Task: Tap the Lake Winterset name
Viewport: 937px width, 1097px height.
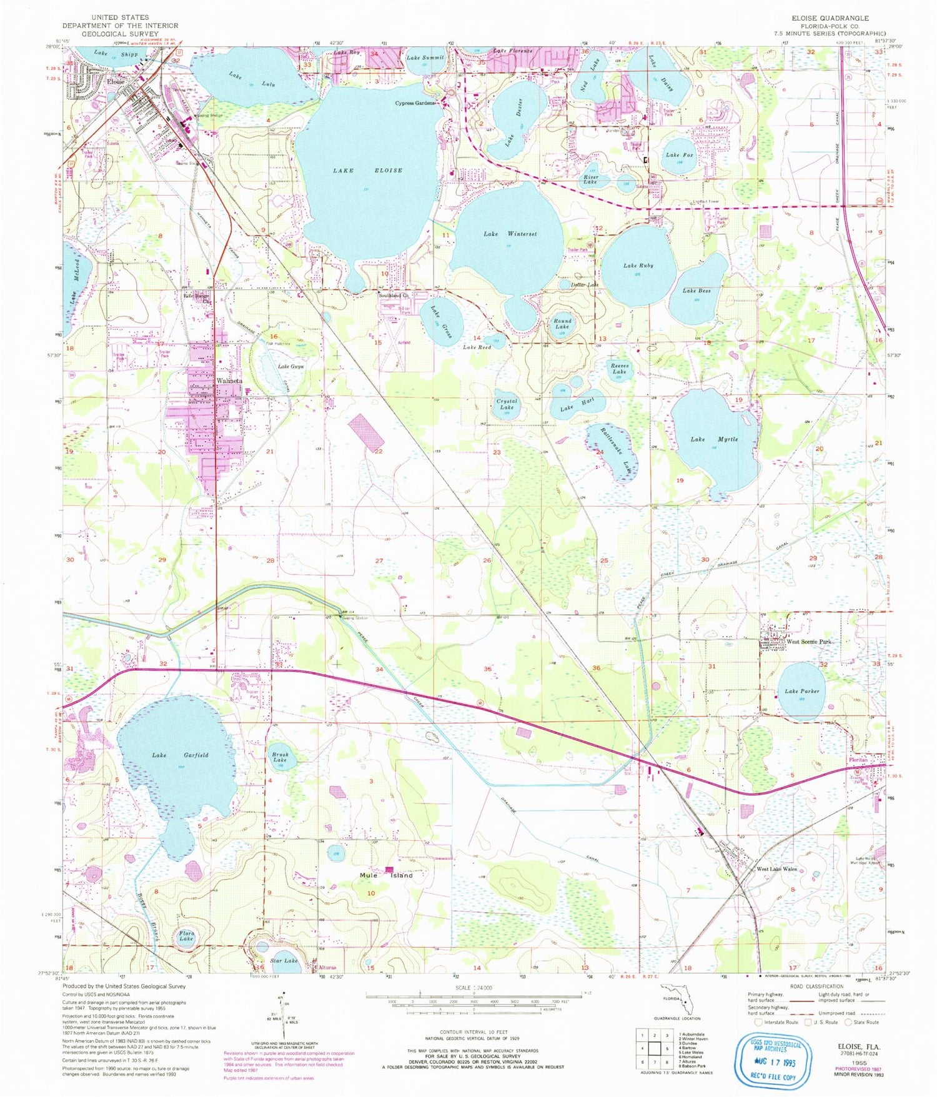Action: (x=510, y=234)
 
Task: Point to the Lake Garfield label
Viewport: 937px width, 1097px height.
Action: (x=180, y=755)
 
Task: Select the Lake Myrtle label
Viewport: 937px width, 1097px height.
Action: (x=714, y=439)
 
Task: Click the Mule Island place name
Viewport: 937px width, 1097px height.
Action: (x=386, y=875)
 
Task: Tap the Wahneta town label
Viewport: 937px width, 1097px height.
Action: (x=229, y=380)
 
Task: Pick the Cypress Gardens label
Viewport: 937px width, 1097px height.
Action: (x=415, y=103)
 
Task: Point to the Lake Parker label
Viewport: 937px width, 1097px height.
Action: (x=802, y=691)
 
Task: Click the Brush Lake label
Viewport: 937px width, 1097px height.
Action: (x=280, y=757)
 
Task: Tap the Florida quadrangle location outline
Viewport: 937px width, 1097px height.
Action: (x=678, y=1000)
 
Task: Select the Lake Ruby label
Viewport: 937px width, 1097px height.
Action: (x=638, y=266)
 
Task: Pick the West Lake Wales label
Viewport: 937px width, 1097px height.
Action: (x=776, y=869)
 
